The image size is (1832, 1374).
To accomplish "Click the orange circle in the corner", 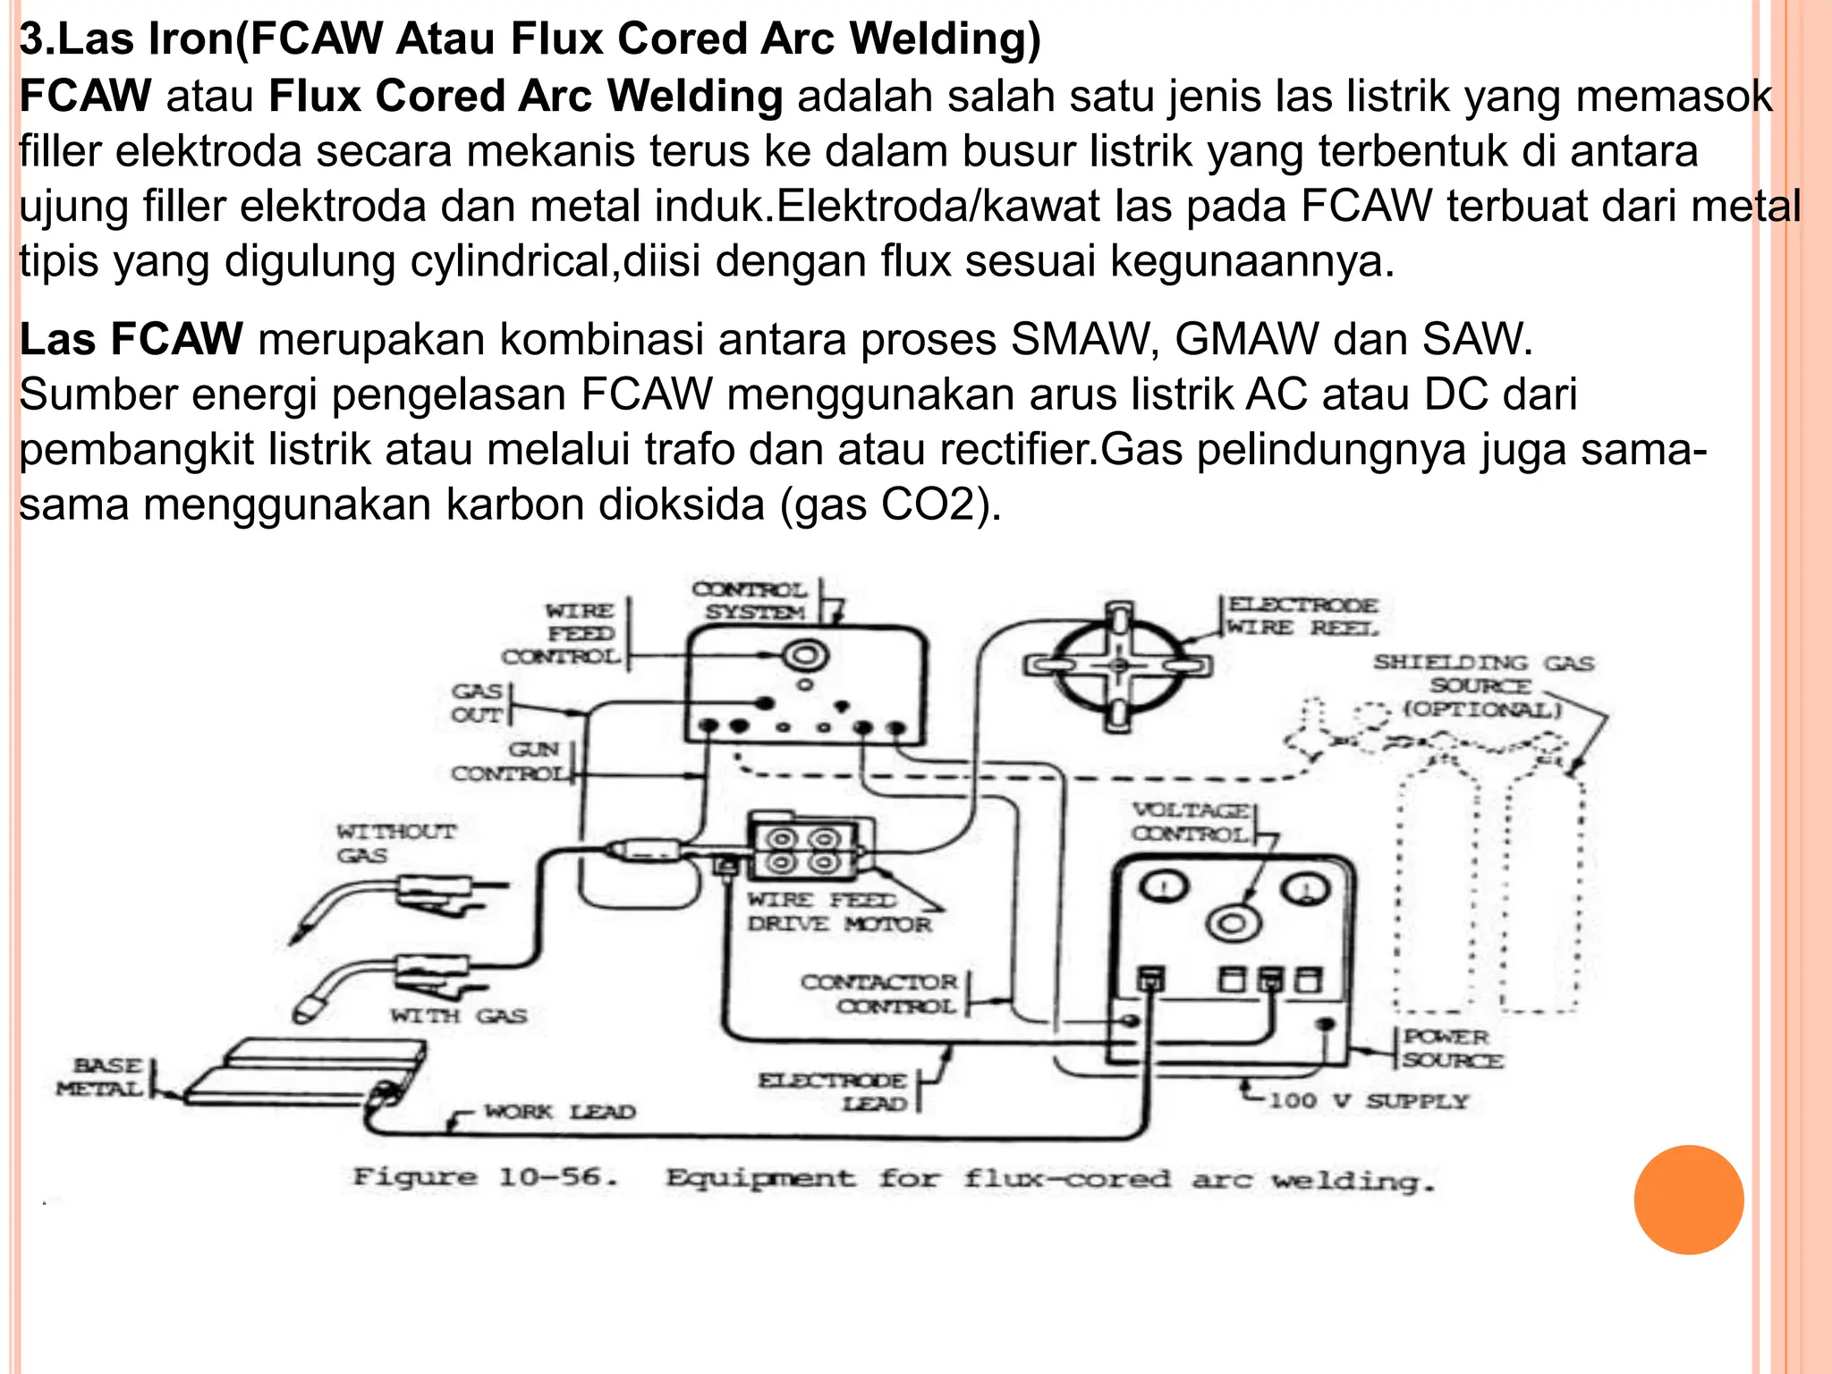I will [1688, 1200].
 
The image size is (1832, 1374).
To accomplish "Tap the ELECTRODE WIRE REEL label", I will [1302, 616].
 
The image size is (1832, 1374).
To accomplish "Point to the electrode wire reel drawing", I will [1118, 666].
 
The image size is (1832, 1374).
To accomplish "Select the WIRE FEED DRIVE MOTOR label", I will [839, 912].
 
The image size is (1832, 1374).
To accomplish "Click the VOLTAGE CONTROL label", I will [1191, 822].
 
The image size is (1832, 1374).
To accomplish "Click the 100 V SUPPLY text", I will [1369, 1100].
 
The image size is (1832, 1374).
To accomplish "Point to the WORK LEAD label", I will [560, 1112].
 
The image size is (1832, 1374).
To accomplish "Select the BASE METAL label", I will [100, 1077].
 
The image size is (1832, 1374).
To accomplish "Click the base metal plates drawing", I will [304, 1073].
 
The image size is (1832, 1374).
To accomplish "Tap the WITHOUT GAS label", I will [395, 843].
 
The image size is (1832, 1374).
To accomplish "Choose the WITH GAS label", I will [458, 1015].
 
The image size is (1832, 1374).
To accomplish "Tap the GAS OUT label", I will [477, 702].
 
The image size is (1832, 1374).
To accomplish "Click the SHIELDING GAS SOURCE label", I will [1482, 685].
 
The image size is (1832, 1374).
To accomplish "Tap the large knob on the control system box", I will [804, 656].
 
